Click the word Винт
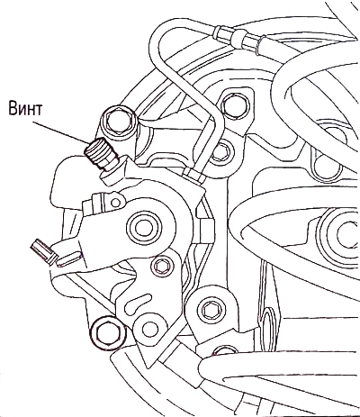tap(25, 109)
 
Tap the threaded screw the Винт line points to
tap(97, 152)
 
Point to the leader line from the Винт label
tap(60, 132)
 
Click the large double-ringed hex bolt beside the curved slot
tap(107, 331)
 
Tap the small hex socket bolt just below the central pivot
tap(163, 265)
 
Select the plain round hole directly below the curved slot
tap(148, 328)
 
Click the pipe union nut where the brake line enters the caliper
tap(193, 176)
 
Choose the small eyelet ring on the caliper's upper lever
tap(115, 203)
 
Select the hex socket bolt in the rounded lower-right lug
tap(211, 309)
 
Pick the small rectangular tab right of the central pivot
tap(206, 230)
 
